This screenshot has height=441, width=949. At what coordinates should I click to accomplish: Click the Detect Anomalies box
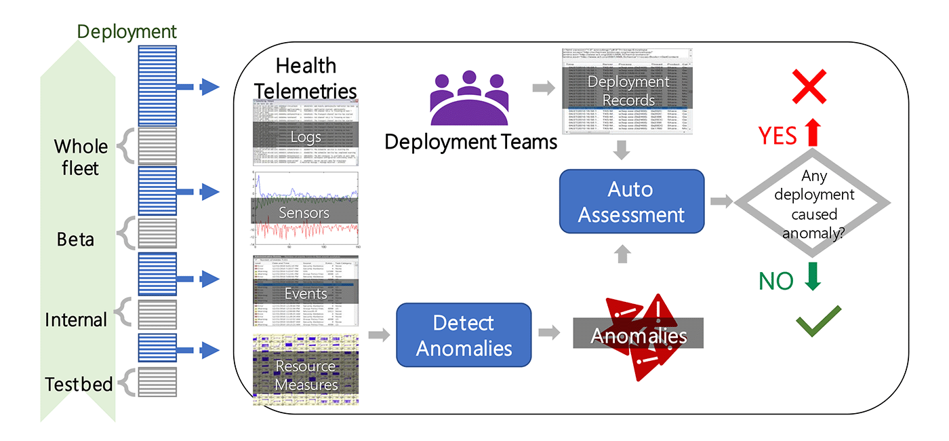464,335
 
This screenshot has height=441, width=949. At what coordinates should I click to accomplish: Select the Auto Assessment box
632,202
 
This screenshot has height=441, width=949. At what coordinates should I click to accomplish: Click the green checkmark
818,321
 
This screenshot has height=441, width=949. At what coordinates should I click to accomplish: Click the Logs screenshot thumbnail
306,132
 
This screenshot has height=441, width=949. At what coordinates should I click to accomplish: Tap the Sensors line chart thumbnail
306,211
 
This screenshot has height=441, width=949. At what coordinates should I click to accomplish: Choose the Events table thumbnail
306,291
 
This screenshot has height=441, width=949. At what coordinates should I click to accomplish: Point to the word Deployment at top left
127,31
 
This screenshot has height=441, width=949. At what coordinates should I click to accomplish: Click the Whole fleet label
81,157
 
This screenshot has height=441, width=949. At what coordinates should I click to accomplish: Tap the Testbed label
79,384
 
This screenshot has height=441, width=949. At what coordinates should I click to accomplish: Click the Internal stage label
76,320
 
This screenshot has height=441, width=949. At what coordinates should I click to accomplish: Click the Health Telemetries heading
306,77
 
